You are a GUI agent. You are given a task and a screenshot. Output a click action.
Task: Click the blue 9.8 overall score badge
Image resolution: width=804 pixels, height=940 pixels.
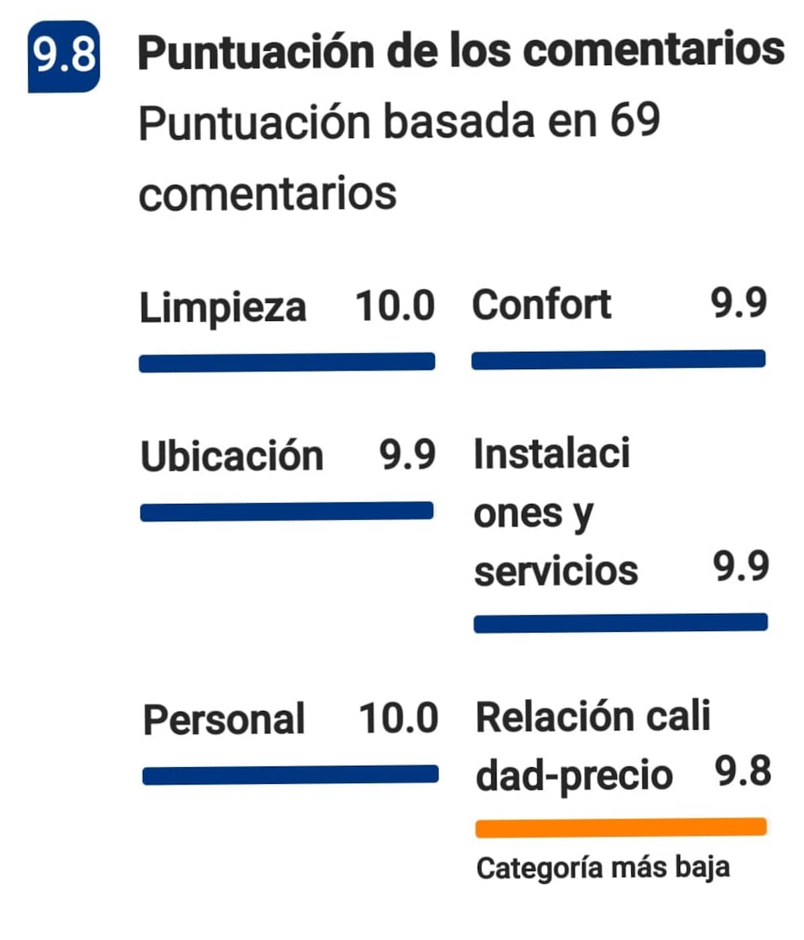(x=64, y=56)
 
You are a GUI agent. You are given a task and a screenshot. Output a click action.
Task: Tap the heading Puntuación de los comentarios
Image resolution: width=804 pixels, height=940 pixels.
(x=461, y=51)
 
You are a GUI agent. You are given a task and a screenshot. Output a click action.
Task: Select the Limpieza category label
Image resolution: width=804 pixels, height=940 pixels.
(x=222, y=308)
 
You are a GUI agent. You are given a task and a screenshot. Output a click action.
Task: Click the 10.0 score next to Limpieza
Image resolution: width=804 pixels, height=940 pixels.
(x=395, y=306)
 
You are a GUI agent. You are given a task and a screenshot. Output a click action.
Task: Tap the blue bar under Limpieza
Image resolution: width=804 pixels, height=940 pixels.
(x=287, y=362)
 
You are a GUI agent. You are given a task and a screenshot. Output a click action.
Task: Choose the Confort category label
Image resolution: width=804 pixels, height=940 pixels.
(x=541, y=305)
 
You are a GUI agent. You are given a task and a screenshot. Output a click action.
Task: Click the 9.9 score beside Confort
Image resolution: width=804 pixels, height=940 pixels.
(x=738, y=304)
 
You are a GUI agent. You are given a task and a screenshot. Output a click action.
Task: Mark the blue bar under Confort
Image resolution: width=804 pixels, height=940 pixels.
(x=618, y=360)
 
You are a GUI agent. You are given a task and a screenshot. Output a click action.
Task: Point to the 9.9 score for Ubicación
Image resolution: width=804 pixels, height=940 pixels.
(x=407, y=454)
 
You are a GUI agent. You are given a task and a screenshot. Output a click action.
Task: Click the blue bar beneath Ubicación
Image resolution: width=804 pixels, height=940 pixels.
(x=287, y=512)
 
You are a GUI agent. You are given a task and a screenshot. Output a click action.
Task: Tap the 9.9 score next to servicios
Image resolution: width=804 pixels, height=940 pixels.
(x=740, y=567)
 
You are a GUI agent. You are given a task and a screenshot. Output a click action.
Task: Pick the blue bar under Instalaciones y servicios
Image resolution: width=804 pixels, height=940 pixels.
(x=620, y=623)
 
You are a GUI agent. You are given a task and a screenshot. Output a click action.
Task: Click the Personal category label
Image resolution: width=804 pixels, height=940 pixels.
(x=224, y=720)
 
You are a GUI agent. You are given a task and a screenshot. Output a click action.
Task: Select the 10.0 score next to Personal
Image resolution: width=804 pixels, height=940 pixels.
(x=399, y=718)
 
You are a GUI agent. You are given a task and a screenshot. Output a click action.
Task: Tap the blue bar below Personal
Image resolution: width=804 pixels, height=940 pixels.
(x=290, y=775)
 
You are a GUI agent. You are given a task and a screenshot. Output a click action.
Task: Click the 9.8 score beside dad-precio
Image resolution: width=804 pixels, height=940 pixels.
(x=742, y=771)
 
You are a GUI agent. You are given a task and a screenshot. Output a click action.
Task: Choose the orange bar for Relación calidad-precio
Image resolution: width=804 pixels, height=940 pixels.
(x=620, y=827)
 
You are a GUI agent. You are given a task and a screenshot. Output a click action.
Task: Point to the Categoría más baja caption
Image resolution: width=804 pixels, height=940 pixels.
(x=602, y=868)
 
